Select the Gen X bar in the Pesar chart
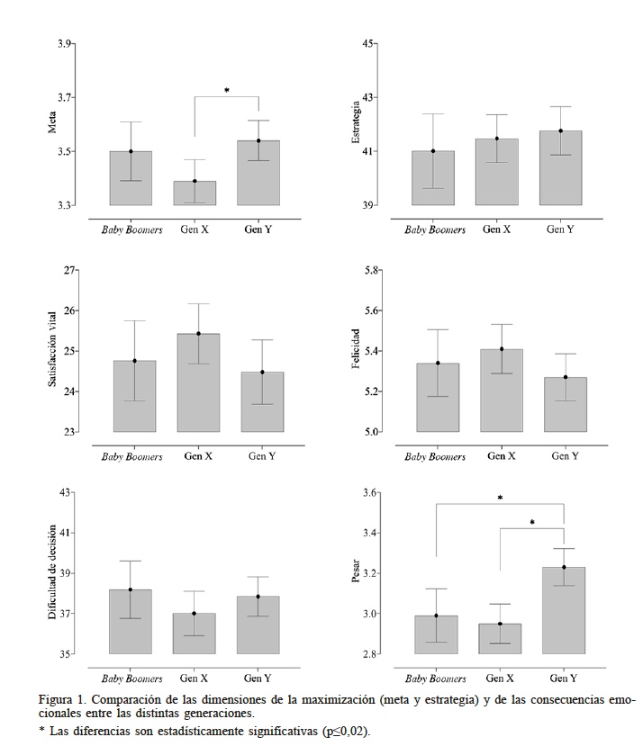tap(500, 638)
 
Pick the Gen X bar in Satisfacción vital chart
tap(198, 382)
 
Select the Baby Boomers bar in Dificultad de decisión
tap(131, 622)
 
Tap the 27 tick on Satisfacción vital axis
tap(65, 270)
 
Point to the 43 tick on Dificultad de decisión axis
tap(65, 493)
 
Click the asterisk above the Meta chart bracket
tap(227, 91)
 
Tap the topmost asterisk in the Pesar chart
tap(500, 499)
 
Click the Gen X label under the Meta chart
tap(195, 229)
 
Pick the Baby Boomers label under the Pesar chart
tap(435, 678)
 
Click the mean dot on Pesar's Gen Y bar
tap(564, 567)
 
